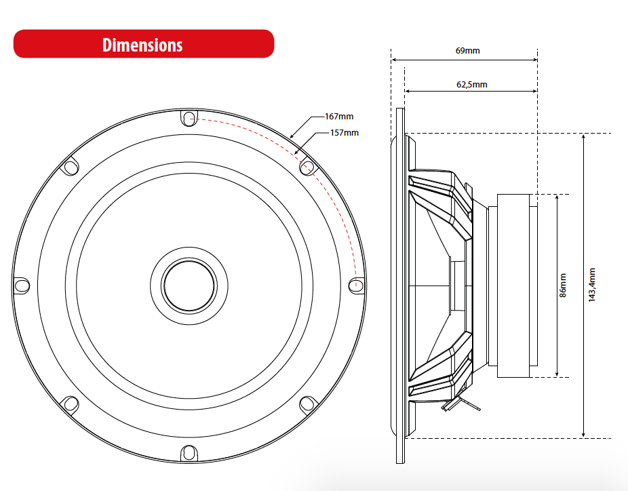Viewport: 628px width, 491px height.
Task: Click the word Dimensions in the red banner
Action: pyautogui.click(x=142, y=45)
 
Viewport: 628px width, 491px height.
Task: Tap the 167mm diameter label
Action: pyautogui.click(x=338, y=117)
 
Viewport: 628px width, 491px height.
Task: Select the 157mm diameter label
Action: pyautogui.click(x=344, y=132)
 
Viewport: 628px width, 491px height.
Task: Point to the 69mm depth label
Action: pyautogui.click(x=465, y=51)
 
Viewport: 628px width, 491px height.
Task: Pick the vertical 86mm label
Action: pyautogui.click(x=562, y=286)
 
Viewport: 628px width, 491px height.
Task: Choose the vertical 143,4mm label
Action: pyautogui.click(x=591, y=286)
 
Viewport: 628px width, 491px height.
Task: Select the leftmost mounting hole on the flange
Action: pyautogui.click(x=21, y=285)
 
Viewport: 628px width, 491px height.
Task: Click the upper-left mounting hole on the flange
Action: pyautogui.click(x=70, y=166)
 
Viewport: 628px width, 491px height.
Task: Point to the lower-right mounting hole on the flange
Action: pyautogui.click(x=307, y=404)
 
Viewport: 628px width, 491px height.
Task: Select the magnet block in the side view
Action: pyautogui.click(x=517, y=286)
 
